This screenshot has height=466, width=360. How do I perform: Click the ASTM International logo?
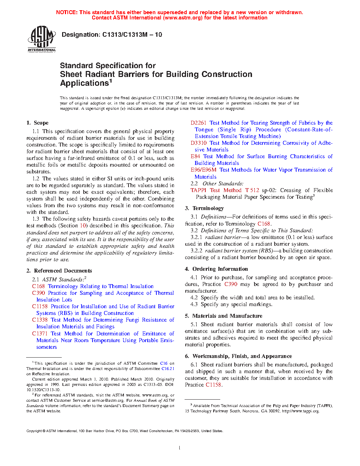pyautogui.click(x=42, y=39)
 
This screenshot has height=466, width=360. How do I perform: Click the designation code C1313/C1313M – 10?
pyautogui.click(x=132, y=35)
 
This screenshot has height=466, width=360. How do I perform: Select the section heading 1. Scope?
pyautogui.click(x=37, y=123)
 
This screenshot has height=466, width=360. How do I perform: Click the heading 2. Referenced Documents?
pyautogui.click(x=59, y=271)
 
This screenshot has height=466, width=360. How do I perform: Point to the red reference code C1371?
pyautogui.click(x=40, y=334)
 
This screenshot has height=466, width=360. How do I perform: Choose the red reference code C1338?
pyautogui.click(x=40, y=320)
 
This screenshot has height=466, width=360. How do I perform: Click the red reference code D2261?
pyautogui.click(x=198, y=123)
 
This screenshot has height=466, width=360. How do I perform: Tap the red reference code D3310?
pyautogui.click(x=198, y=143)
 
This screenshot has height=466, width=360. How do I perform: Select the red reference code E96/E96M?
pyautogui.click(x=203, y=170)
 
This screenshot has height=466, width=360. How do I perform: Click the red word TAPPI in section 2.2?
pyautogui.click(x=198, y=190)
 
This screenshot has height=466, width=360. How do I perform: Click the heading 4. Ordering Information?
pyautogui.click(x=216, y=269)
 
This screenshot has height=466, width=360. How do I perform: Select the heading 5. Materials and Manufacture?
pyautogui.click(x=223, y=316)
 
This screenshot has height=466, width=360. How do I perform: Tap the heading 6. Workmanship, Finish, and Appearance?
pyautogui.click(x=238, y=356)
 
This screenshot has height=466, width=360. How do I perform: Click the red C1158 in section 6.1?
pyautogui.click(x=214, y=385)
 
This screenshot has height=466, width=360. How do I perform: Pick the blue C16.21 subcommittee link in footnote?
pyautogui.click(x=168, y=369)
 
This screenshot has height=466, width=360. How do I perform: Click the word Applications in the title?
pyautogui.click(x=84, y=83)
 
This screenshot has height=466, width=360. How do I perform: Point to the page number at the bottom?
pyautogui.click(x=180, y=448)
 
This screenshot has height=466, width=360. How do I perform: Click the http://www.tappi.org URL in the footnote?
pyautogui.click(x=300, y=411)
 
